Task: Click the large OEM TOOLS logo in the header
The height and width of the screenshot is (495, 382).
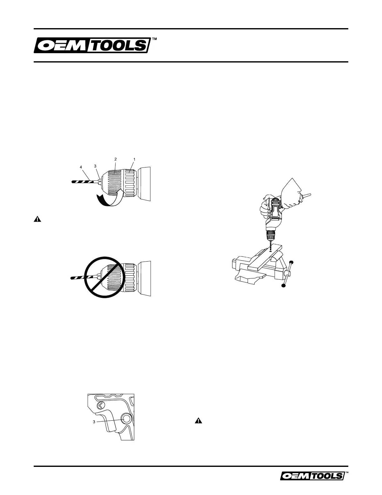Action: pyautogui.click(x=91, y=46)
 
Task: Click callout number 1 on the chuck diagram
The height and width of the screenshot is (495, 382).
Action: pyautogui.click(x=134, y=159)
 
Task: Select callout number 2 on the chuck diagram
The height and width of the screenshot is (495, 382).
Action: pyautogui.click(x=115, y=159)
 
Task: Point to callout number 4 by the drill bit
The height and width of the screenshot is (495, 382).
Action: pyautogui.click(x=81, y=167)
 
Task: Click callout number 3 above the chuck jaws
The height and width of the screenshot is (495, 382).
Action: pyautogui.click(x=95, y=166)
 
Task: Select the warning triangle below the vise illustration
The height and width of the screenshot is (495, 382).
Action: pyautogui.click(x=198, y=421)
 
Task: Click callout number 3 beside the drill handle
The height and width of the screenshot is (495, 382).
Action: pyautogui.click(x=94, y=422)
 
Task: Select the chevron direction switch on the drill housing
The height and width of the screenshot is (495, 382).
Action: pyautogui.click(x=100, y=406)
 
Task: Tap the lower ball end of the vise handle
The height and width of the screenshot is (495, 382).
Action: pyautogui.click(x=284, y=285)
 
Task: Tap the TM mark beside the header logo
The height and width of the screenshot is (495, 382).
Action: pyautogui.click(x=154, y=39)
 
